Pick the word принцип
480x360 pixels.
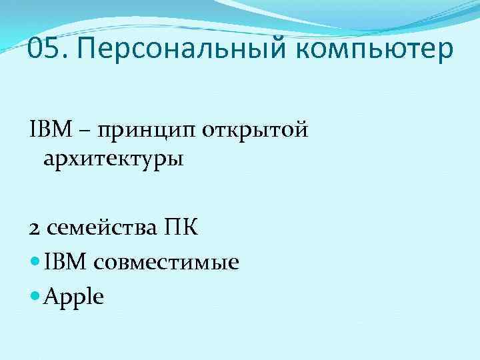pos(141,130)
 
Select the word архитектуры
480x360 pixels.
pos(111,161)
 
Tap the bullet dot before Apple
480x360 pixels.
pos(35,296)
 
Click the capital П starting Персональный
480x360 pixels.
pos(88,50)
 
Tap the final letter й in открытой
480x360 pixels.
pos(301,127)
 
